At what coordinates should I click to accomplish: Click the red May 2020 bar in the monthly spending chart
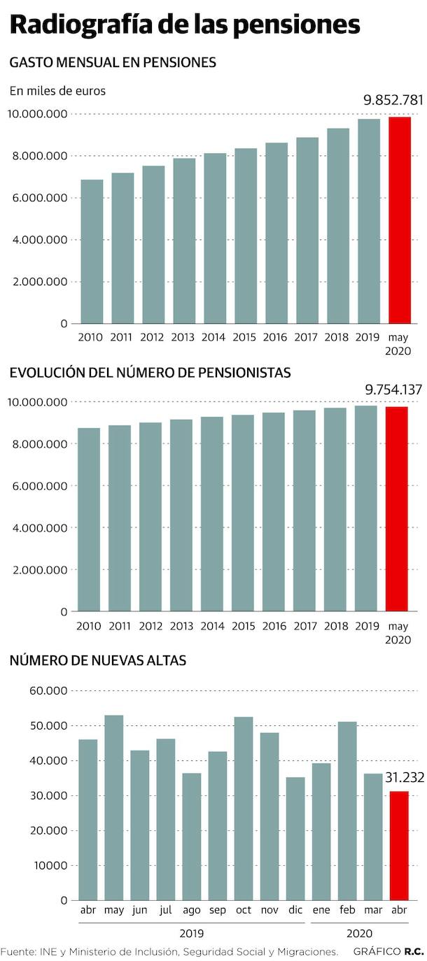pos(400,220)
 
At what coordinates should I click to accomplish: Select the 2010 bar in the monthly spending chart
pos(92,252)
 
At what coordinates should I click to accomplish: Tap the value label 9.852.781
pos(393,100)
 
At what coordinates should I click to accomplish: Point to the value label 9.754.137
pos(393,390)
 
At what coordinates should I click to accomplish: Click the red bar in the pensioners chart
pos(397,509)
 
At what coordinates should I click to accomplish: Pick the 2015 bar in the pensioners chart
pos(243,513)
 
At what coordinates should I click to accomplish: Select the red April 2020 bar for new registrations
pos(400,846)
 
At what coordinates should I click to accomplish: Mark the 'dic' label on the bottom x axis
pos(295,910)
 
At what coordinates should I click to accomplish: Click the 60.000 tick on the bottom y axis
pos(48,691)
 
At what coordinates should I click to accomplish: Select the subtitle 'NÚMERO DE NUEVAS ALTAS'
pos(98,660)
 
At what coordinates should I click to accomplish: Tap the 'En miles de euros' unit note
pos(57,90)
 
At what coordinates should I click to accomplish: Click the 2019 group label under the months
pos(191,933)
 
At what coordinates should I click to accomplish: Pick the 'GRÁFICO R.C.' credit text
pos(388,951)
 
